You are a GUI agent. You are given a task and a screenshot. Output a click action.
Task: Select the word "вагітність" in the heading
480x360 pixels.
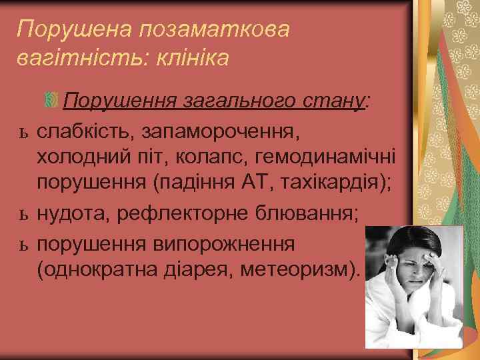tap(72, 59)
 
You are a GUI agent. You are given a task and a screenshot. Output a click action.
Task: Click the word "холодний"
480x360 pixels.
tap(84, 157)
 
